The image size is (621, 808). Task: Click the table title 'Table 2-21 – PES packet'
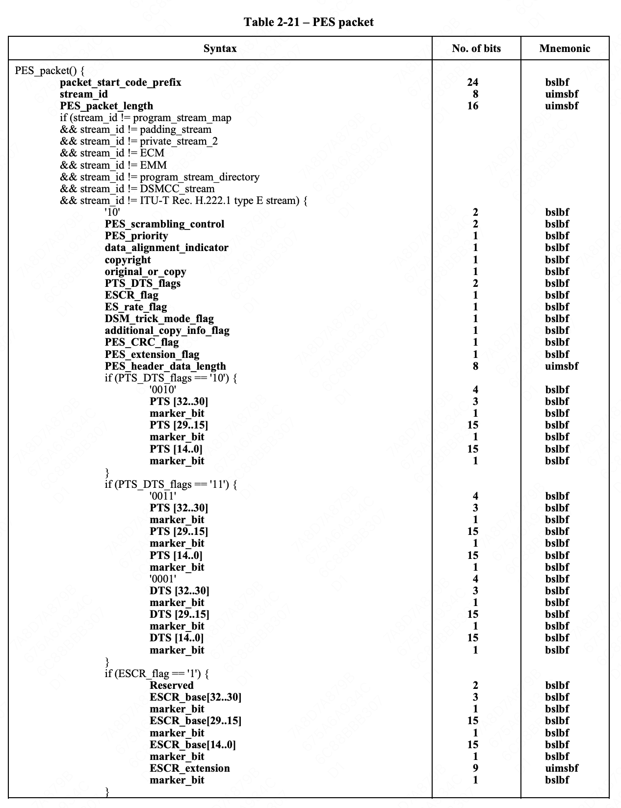[309, 22]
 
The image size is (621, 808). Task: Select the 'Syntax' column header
[220, 49]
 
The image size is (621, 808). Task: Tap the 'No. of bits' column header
[476, 49]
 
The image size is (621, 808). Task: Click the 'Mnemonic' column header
[565, 49]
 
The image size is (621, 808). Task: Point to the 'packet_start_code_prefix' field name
[121, 82]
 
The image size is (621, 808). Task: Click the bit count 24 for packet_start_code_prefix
[473, 82]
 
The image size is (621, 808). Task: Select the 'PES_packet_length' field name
[106, 106]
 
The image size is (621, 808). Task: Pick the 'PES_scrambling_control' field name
[164, 224]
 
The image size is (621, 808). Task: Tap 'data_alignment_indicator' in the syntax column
[166, 248]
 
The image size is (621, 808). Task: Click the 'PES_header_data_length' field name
[165, 366]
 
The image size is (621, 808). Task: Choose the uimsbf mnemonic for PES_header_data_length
[562, 366]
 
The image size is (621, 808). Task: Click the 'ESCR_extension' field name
[190, 768]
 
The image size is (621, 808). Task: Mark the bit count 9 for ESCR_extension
[475, 768]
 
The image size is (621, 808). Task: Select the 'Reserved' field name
[172, 685]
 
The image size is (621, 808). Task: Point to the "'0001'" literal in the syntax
[163, 579]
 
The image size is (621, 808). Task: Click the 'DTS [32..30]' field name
[180, 591]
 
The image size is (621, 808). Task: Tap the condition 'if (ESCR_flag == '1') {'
[157, 674]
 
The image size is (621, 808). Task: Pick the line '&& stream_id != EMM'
[113, 165]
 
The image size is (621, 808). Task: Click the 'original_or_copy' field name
[145, 272]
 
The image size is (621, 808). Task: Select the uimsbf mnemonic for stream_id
[562, 94]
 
